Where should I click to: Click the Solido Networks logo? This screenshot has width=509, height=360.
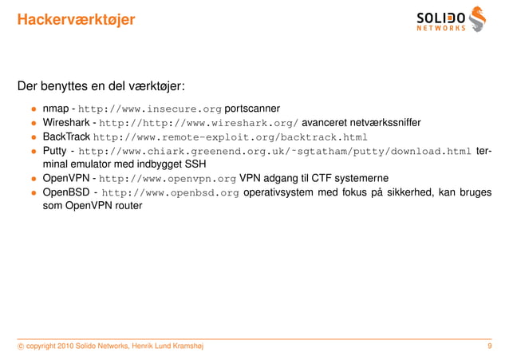pos(451,19)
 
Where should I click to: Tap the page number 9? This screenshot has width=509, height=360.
pos(488,346)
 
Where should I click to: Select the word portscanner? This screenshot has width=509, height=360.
pos(252,109)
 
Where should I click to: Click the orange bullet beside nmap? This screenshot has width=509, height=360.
pos(34,109)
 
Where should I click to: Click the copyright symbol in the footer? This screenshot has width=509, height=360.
pos(20,346)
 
